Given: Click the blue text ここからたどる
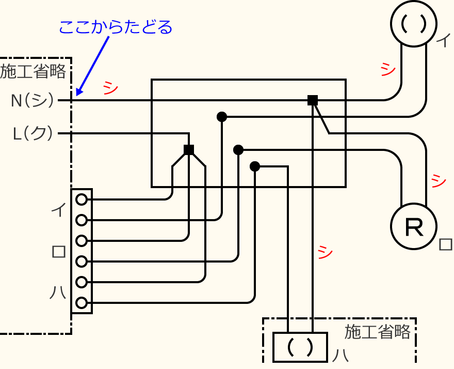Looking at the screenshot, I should [115, 27].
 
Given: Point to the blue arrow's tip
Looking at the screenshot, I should [77, 95].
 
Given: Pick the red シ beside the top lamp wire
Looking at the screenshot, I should [387, 69].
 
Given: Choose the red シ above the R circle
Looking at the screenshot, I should [437, 180].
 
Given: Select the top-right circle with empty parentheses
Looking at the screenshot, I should [414, 23].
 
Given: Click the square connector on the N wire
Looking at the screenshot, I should [312, 100].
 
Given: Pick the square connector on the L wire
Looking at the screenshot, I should [189, 150].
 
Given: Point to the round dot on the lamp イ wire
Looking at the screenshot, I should [222, 117].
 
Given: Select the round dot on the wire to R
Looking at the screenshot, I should [238, 150].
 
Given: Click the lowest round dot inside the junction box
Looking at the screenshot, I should [255, 166].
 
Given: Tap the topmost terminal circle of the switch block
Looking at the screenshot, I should [81, 199].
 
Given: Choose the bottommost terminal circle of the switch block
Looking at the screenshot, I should [81, 303].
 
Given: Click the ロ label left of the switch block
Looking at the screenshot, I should [59, 252].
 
